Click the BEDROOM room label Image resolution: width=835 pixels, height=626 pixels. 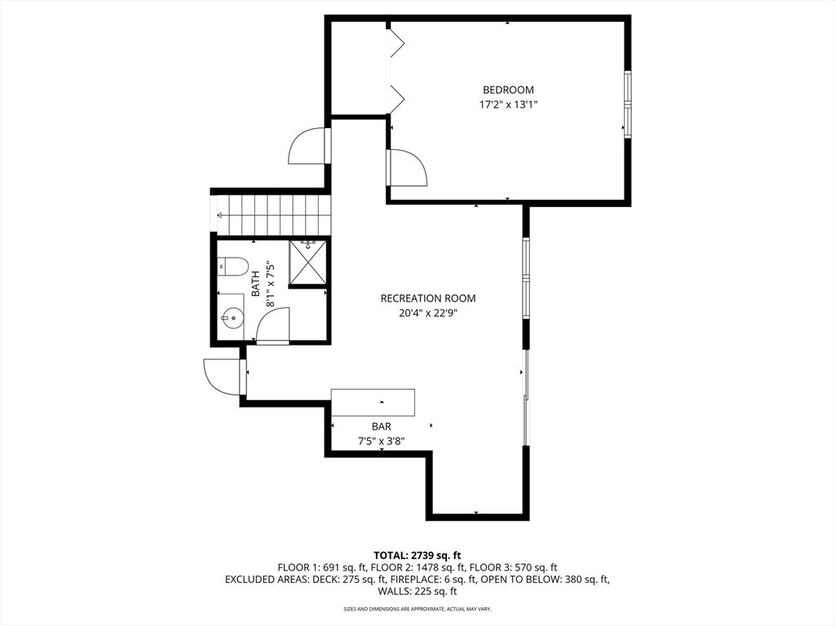(508, 90)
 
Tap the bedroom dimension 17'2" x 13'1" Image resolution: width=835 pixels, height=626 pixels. (508, 104)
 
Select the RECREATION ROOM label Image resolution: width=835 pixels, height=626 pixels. (428, 298)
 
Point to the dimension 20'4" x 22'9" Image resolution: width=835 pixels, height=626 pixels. (428, 313)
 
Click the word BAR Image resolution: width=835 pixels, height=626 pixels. (381, 426)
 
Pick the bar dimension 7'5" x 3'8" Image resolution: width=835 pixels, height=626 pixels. (381, 441)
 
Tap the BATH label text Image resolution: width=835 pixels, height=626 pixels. (255, 284)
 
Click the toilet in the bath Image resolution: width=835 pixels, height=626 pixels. (233, 266)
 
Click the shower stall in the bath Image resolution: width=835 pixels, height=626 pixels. (307, 263)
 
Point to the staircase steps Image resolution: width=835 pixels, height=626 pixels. (273, 214)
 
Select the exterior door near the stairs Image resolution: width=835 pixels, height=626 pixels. (308, 147)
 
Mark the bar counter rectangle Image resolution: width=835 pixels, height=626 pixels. (373, 403)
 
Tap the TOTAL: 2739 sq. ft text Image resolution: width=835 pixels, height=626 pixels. (417, 555)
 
